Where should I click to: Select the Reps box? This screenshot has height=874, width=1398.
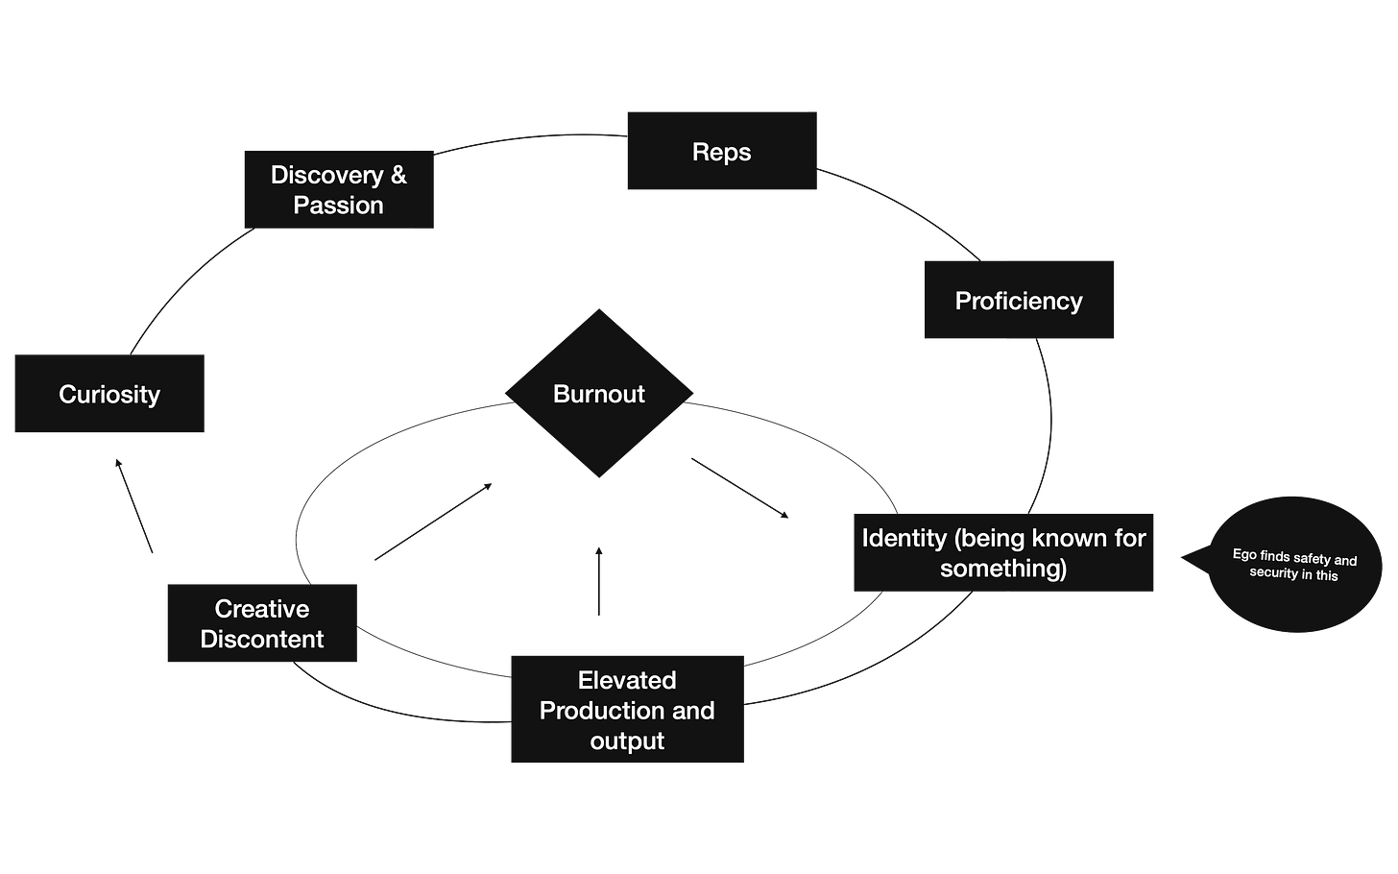point(721,152)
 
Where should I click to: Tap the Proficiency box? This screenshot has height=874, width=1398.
point(1018,301)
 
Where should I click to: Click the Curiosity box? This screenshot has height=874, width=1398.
point(109,394)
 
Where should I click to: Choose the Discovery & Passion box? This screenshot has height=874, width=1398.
point(338,189)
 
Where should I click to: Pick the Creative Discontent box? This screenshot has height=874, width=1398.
point(261,623)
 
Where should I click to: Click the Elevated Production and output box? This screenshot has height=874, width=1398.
point(627,710)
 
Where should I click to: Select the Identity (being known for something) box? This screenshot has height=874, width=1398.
point(1003,552)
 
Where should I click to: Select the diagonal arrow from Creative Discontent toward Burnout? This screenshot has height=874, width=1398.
point(434,520)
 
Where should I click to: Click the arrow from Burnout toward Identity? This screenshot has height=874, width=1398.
point(739,488)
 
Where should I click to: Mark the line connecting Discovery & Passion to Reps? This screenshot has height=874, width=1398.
point(528,140)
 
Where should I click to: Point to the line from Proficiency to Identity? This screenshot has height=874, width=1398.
point(1048,423)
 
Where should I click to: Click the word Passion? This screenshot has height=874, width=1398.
point(338,206)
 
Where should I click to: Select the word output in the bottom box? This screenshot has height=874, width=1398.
point(627,741)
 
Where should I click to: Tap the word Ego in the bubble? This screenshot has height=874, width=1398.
point(1243,554)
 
